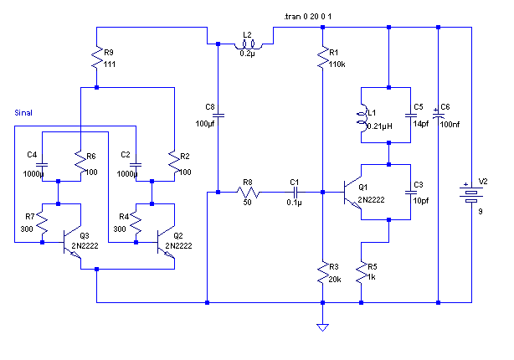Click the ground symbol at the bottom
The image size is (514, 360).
pos(322,327)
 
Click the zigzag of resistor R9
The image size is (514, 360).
pos(97,58)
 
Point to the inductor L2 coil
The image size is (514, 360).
pos(248,45)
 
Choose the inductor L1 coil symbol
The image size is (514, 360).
pos(362,118)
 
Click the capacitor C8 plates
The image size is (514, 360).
pos(218,115)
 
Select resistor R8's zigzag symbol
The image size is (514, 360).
pos(248,192)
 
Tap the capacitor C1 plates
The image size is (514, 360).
pos(296,192)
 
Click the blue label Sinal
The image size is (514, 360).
pos(23,113)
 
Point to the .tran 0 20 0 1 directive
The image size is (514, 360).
pos(307,17)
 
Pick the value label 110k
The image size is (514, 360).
pos(337,64)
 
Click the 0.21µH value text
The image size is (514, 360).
pos(379,126)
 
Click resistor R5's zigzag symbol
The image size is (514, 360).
pos(362,272)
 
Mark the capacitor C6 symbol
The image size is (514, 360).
pos(439,115)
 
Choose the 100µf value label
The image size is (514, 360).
pos(205,124)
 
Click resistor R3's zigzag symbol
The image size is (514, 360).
pos(323,272)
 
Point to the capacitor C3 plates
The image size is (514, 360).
pos(411,192)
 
